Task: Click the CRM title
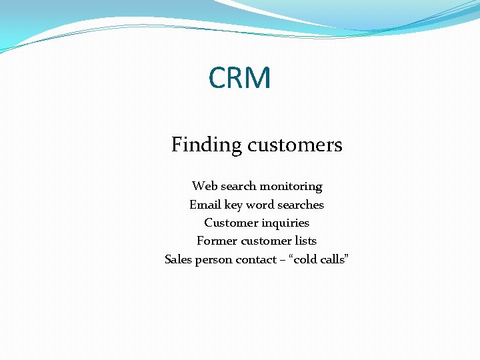point(240,78)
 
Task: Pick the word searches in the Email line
point(301,205)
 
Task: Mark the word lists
point(305,241)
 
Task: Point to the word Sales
point(178,259)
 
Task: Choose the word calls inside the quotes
point(334,259)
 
